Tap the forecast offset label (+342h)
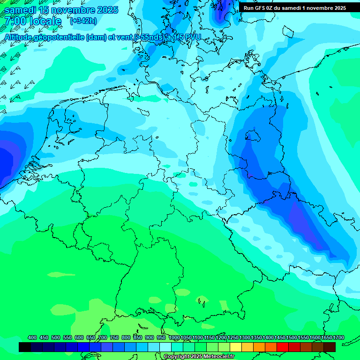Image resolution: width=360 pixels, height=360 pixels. tap(83, 21)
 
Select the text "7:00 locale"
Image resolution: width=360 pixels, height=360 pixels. tap(33, 21)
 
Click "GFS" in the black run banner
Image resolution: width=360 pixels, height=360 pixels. tap(261, 7)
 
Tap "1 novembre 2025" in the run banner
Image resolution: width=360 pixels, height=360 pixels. tap(324, 7)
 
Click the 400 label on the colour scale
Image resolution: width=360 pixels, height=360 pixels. tap(32, 337)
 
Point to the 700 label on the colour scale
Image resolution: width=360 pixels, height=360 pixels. tap(103, 337)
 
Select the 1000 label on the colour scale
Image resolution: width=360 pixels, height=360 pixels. tap(174, 337)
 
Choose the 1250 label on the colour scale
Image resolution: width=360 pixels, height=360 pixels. tap(233, 337)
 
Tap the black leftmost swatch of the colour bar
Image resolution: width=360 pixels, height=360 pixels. tap(25, 347)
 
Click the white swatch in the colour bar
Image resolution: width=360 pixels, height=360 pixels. tap(165, 347)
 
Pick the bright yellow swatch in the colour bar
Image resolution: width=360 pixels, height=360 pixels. tap(236, 347)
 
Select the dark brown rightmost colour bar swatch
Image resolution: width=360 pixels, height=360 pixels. tap(330, 347)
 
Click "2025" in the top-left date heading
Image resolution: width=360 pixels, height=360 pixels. tap(106, 10)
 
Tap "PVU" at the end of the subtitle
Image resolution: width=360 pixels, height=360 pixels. tap(192, 37)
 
